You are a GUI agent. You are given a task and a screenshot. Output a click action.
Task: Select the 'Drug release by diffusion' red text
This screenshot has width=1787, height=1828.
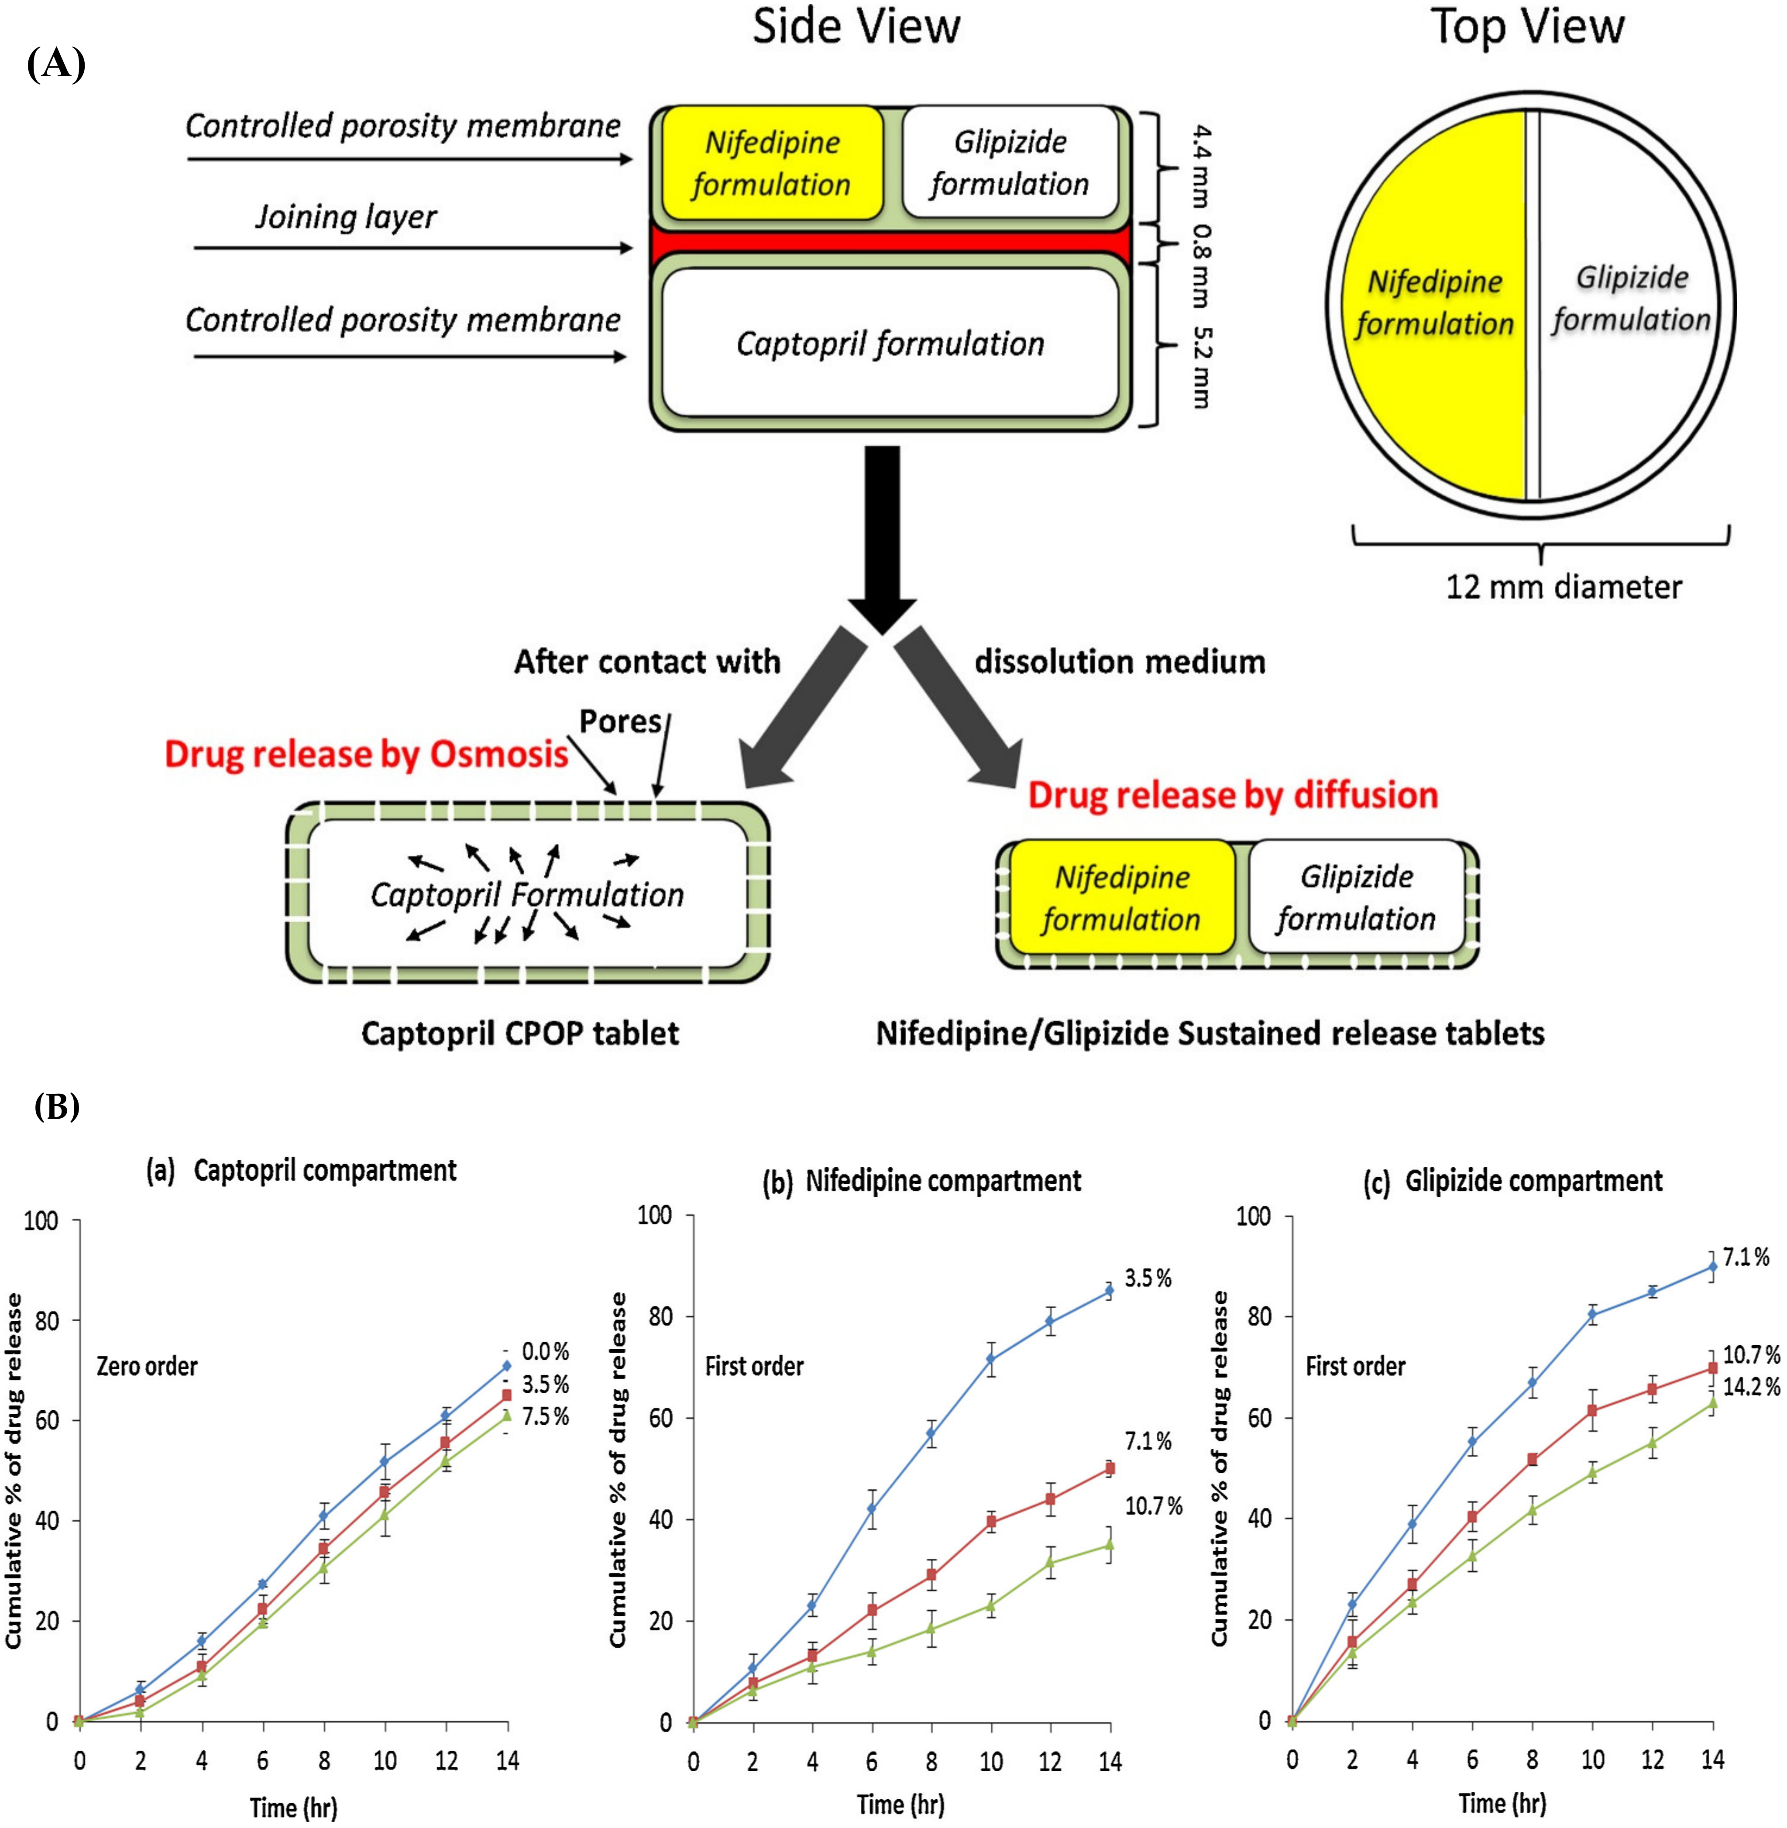[1232, 795]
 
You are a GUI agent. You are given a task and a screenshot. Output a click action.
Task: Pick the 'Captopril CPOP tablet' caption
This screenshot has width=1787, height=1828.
[520, 1033]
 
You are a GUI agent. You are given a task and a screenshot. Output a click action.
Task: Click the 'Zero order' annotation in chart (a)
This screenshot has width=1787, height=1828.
[148, 1366]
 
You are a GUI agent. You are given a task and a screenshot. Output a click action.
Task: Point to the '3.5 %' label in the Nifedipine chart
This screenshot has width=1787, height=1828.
[1148, 1278]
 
